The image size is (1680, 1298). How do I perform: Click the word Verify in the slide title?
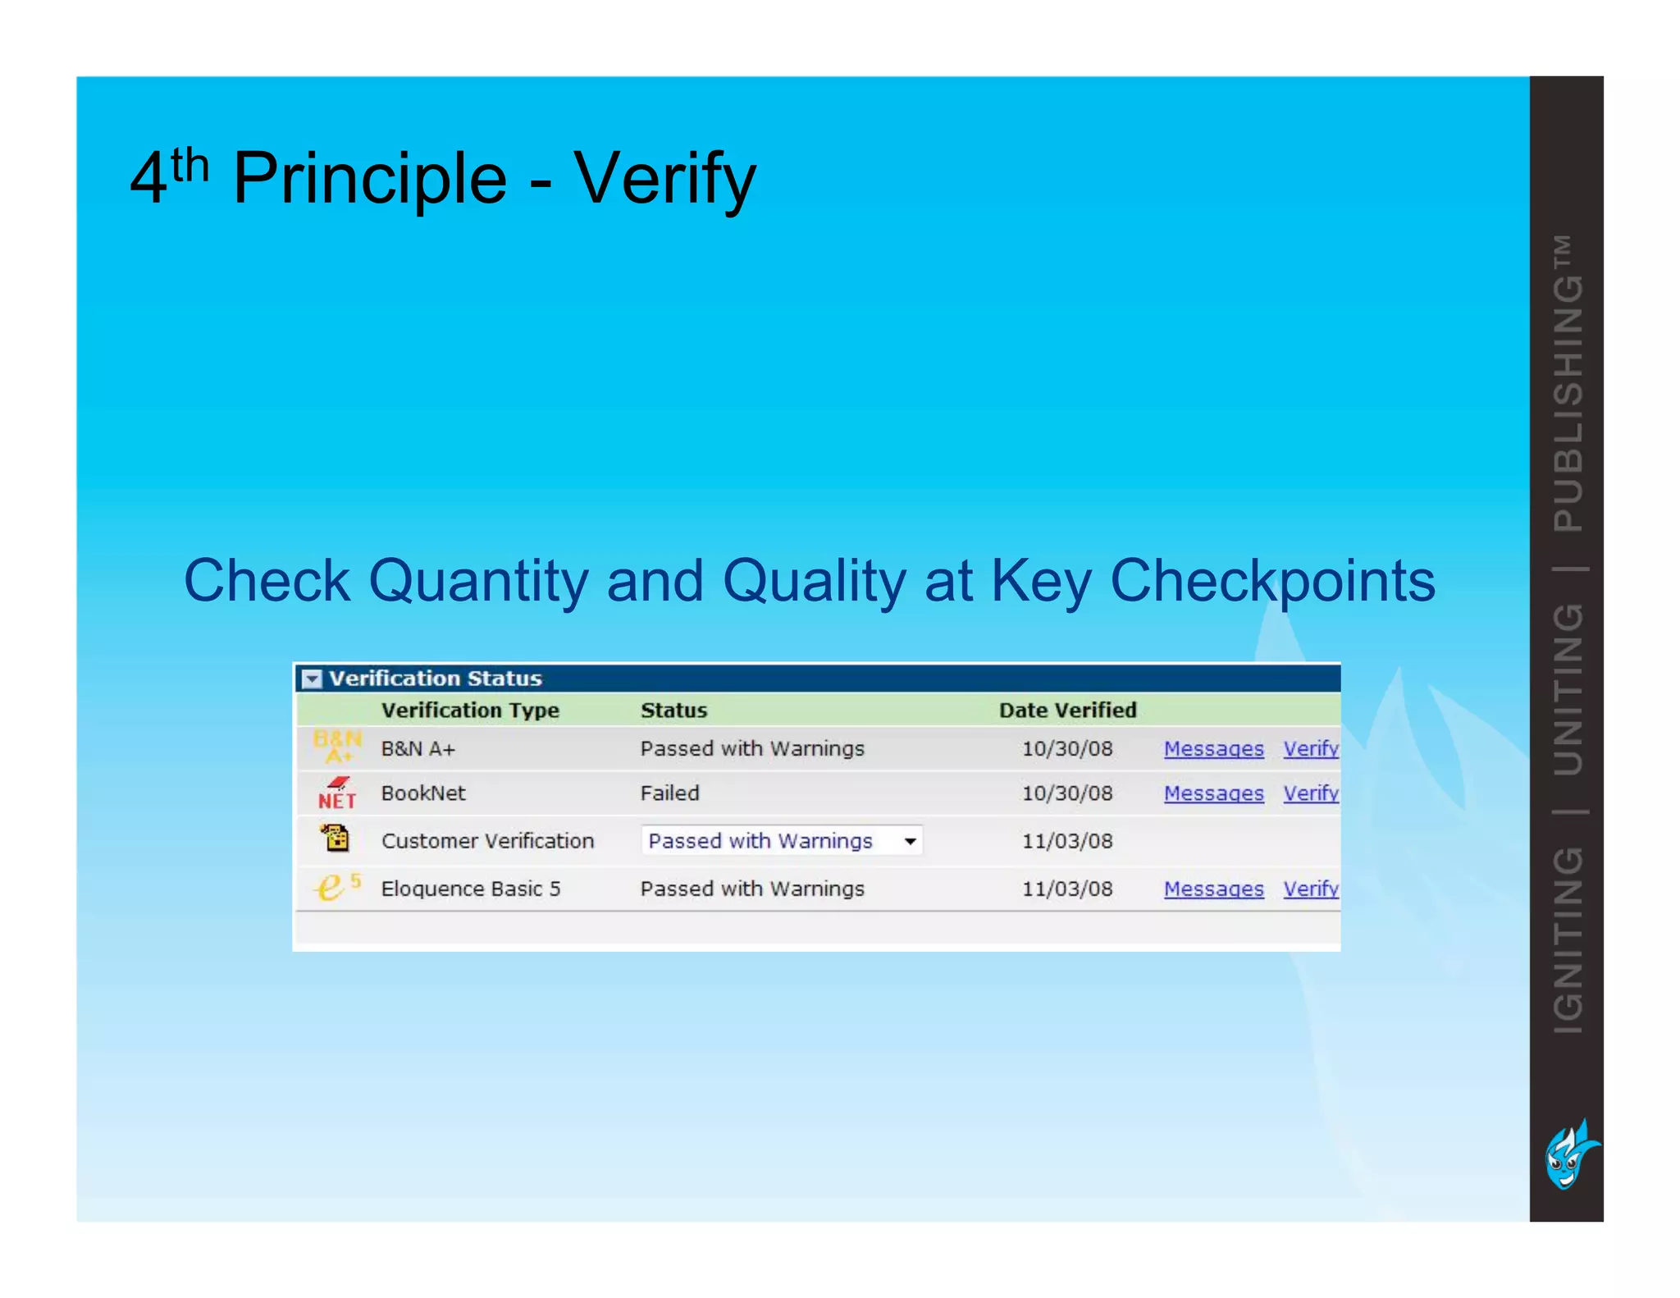(664, 179)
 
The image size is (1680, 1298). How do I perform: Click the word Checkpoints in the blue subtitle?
(1271, 581)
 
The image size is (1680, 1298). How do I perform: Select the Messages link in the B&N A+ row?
(1213, 748)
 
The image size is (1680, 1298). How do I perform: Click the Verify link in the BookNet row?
(1310, 793)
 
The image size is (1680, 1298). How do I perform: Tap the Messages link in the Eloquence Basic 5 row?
(1213, 889)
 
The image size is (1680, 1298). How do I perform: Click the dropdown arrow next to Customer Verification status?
(910, 841)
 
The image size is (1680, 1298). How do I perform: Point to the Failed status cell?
(669, 793)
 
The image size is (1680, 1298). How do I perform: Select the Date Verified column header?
(1067, 710)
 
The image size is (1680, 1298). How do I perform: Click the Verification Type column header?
(470, 710)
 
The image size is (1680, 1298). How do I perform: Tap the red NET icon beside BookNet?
(337, 793)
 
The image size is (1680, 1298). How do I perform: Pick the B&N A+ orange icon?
(337, 747)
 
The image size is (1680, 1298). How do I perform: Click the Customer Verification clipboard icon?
(336, 839)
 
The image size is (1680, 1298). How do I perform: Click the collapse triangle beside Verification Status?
(312, 679)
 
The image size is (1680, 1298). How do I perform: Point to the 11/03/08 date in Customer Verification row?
(1066, 841)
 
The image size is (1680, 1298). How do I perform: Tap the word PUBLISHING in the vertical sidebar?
(1568, 402)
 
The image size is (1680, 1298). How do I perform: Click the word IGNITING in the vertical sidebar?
(1568, 940)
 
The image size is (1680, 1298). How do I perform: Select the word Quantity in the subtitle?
(478, 581)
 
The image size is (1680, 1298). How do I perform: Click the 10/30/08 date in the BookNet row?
(1066, 793)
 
